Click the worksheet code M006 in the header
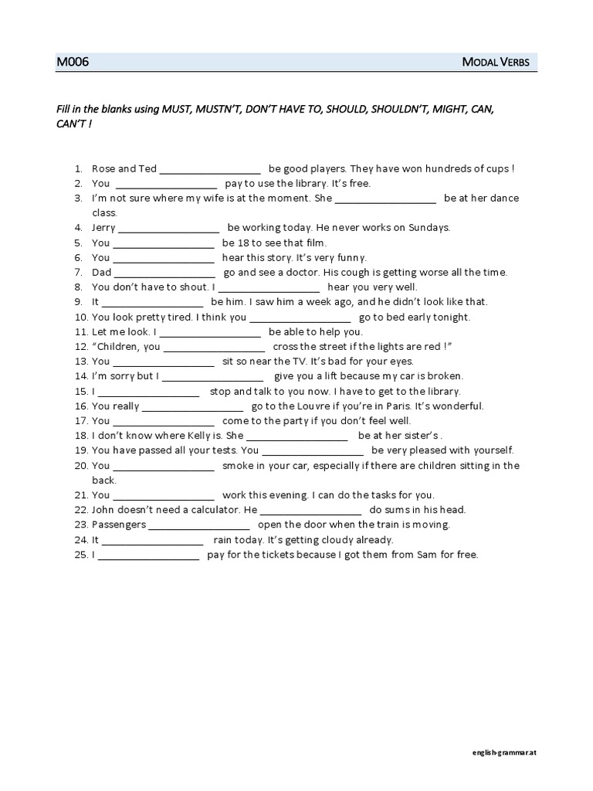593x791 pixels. click(x=73, y=62)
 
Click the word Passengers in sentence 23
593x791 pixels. click(x=118, y=525)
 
